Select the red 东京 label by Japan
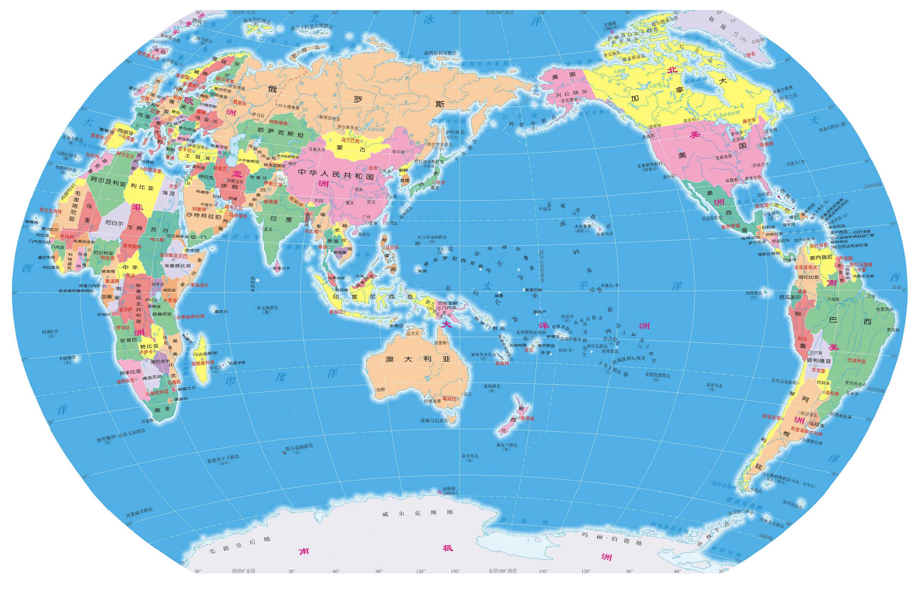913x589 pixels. coord(440,183)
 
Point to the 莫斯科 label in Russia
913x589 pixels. coord(240,103)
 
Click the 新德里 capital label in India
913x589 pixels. coord(271,201)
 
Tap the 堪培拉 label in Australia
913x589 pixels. coord(449,398)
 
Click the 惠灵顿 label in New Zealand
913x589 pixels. coord(527,418)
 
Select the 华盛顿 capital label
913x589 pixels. coord(767,144)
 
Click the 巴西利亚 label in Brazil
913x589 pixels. coord(856,361)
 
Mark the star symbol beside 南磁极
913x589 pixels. coord(439,492)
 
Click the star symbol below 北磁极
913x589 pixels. coord(612,32)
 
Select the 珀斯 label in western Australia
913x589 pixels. coord(381,389)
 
